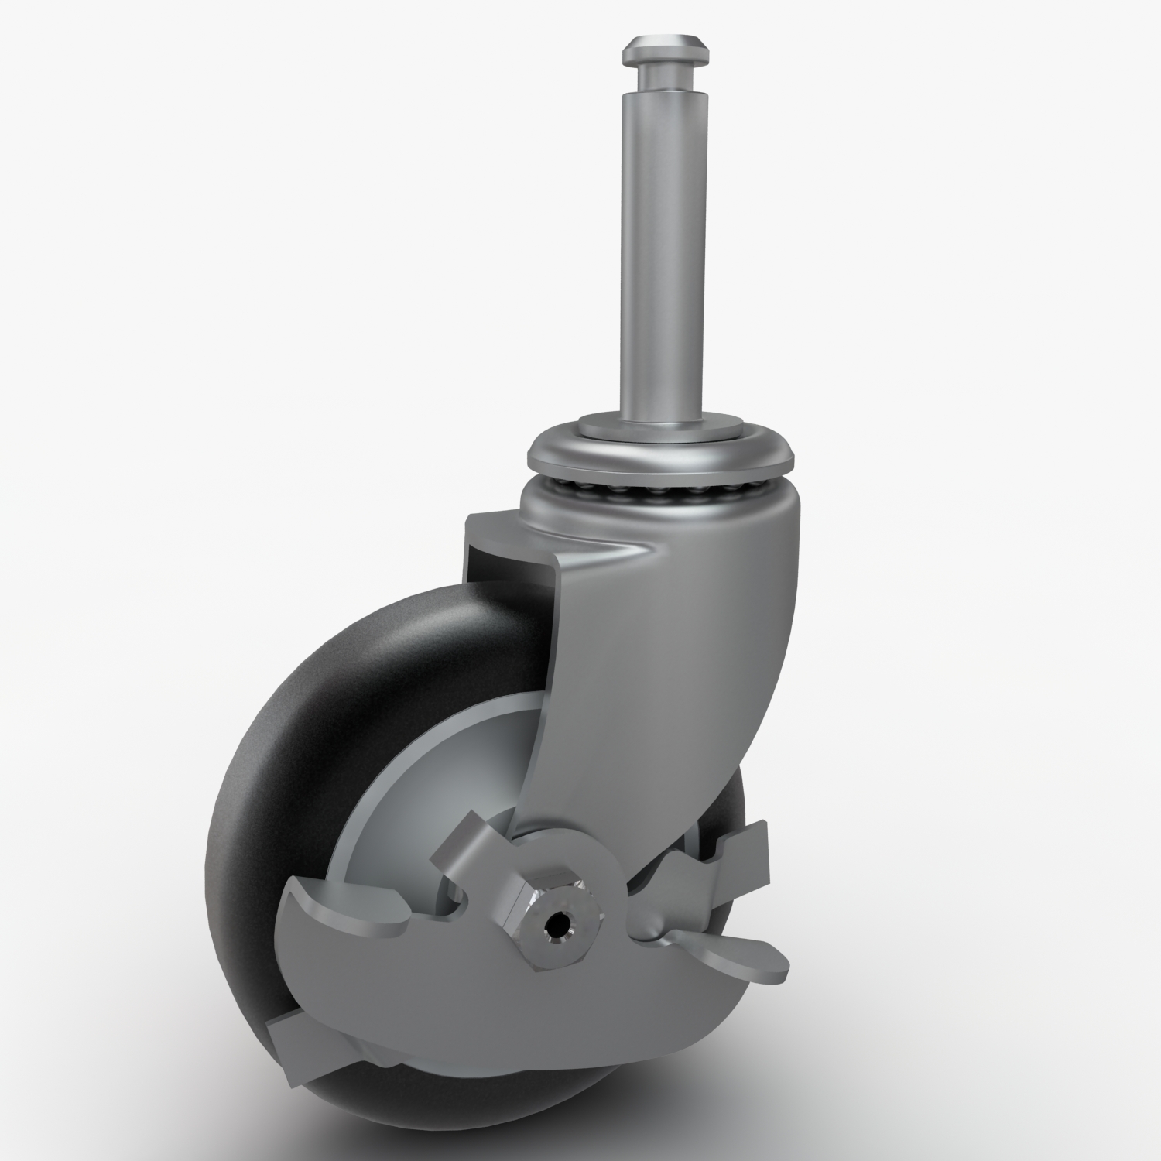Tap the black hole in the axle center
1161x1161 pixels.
[x=557, y=924]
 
